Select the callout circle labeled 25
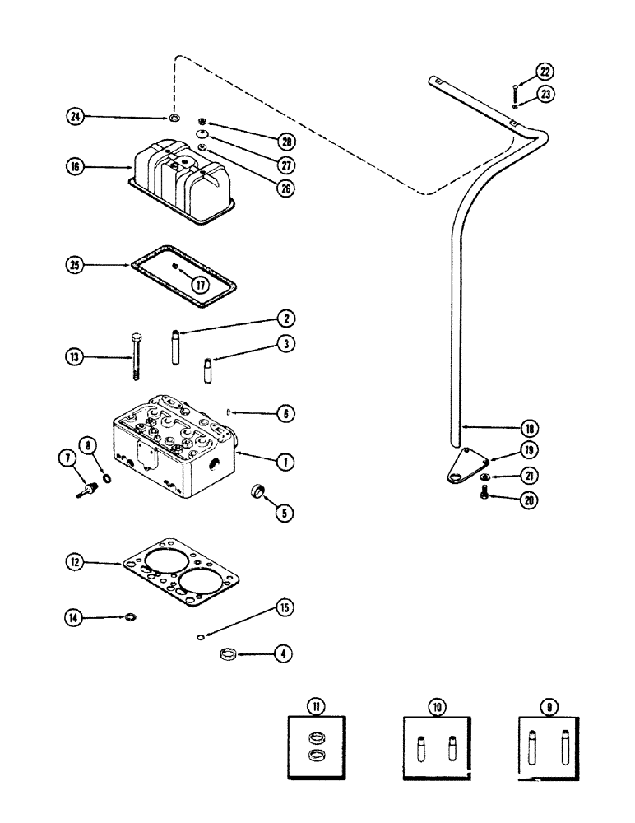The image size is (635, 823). pyautogui.click(x=76, y=265)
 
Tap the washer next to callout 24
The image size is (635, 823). pyautogui.click(x=174, y=119)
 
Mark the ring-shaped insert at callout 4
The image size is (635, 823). pyautogui.click(x=229, y=655)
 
